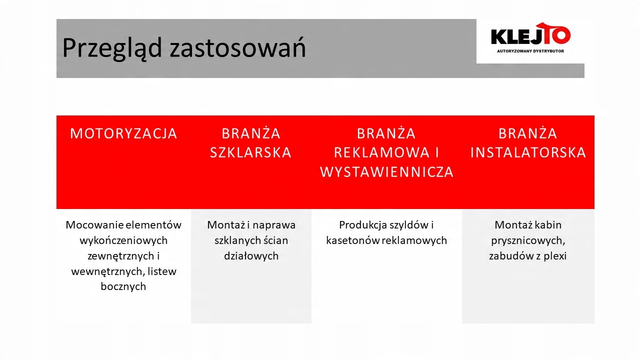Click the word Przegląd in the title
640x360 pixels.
pyautogui.click(x=112, y=48)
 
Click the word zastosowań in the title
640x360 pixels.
pyautogui.click(x=237, y=47)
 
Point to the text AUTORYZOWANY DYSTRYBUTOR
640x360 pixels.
pyautogui.click(x=530, y=51)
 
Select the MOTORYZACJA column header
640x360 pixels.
pyautogui.click(x=123, y=133)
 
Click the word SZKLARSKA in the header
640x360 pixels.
pyautogui.click(x=251, y=152)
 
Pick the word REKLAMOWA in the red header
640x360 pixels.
pyautogui.click(x=381, y=152)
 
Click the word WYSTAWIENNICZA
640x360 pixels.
pyautogui.click(x=386, y=172)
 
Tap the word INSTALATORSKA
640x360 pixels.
pyautogui.click(x=528, y=152)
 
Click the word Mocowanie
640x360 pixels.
pyautogui.click(x=94, y=225)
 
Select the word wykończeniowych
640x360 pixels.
pyautogui.click(x=123, y=240)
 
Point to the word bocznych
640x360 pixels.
pyautogui.click(x=123, y=286)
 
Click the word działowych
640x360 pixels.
pyautogui.click(x=251, y=255)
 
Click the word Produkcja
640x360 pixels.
pyautogui.click(x=363, y=225)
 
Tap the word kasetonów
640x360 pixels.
pyautogui.click(x=352, y=240)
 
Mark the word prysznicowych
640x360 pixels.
pyautogui.click(x=528, y=241)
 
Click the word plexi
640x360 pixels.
pyautogui.click(x=555, y=256)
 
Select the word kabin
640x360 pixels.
pyautogui.click(x=546, y=225)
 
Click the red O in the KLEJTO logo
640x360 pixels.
pyautogui.click(x=560, y=35)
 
